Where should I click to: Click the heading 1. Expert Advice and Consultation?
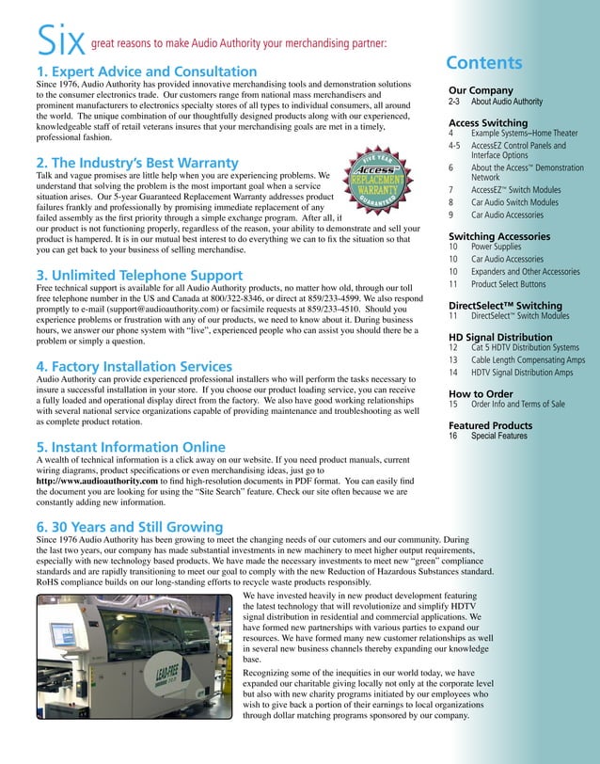point(146,72)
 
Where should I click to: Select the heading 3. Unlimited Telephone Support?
point(138,275)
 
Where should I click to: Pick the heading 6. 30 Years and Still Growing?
point(129,528)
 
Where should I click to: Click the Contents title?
point(483,63)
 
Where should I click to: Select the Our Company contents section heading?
point(481,90)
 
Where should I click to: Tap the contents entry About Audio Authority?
point(506,101)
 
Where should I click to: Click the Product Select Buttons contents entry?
point(508,283)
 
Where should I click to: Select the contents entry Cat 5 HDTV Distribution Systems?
point(525,347)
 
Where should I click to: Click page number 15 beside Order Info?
point(453,404)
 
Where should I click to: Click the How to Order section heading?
point(481,393)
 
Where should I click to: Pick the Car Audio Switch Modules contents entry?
point(514,201)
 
